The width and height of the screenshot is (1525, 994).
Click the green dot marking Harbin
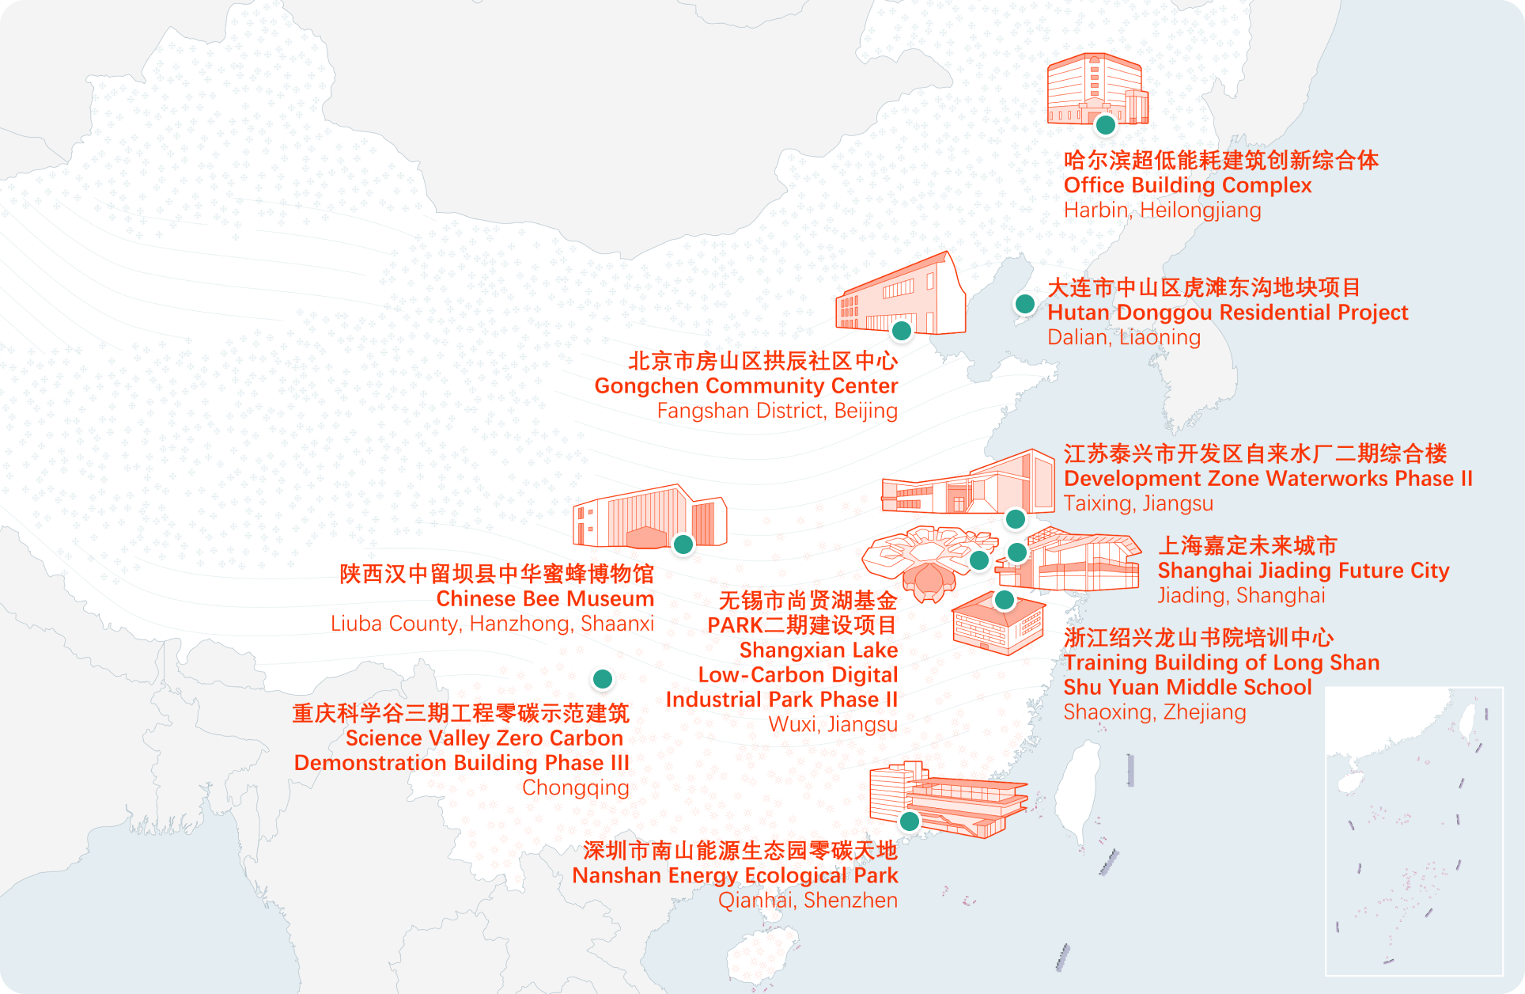click(1105, 125)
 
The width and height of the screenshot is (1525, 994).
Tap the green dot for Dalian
click(1024, 304)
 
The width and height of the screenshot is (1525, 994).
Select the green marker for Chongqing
click(602, 679)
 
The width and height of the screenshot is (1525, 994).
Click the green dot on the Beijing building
click(901, 330)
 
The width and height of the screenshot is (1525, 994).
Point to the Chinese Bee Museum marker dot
click(683, 544)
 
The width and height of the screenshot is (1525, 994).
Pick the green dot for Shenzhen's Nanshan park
click(910, 821)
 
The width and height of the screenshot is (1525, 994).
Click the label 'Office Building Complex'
click(1187, 185)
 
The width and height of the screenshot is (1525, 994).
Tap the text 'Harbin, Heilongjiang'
click(1162, 211)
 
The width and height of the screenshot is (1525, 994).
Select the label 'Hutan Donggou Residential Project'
click(1228, 313)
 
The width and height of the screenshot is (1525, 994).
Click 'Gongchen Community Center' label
click(746, 386)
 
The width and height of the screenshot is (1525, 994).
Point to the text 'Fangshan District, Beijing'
click(777, 411)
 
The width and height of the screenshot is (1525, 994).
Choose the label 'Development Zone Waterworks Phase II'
click(1268, 479)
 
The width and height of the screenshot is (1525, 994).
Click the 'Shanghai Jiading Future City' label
click(1303, 571)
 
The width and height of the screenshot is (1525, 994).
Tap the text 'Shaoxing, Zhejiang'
click(1154, 712)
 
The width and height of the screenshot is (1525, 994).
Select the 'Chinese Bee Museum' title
click(545, 599)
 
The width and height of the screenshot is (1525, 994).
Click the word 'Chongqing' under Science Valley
click(575, 788)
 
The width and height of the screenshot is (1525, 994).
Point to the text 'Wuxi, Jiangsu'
click(832, 725)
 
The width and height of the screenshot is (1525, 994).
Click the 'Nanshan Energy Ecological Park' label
click(735, 876)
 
